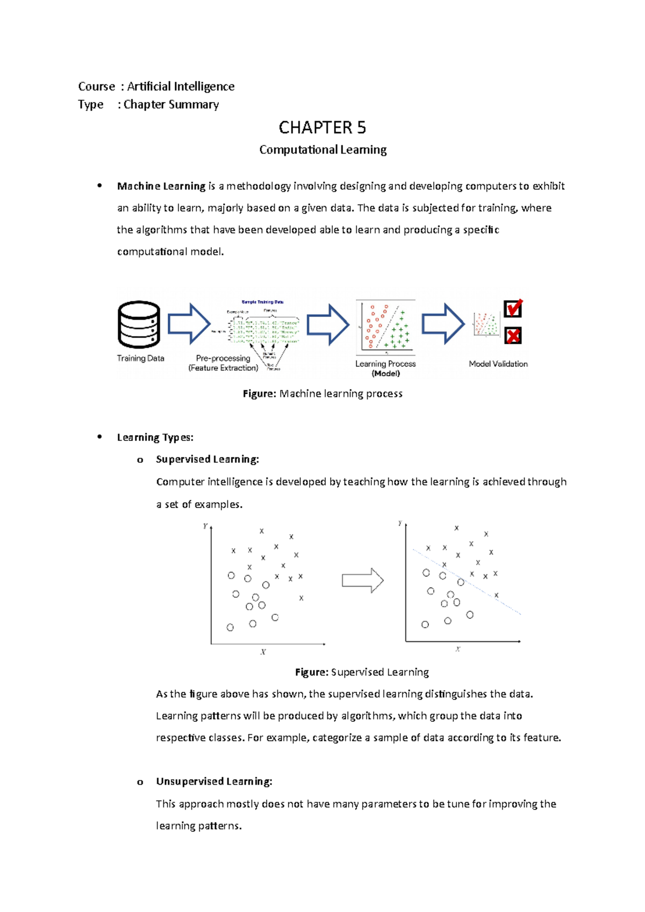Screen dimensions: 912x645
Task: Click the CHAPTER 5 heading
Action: click(322, 128)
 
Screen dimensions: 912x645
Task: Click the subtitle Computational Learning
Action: click(322, 150)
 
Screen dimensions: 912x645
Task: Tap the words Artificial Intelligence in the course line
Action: click(181, 86)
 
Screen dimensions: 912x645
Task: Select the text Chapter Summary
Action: click(171, 104)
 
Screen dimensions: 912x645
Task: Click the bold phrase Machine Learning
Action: click(161, 186)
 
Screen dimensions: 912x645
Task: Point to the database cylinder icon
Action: click(139, 324)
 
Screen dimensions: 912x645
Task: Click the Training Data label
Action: click(140, 358)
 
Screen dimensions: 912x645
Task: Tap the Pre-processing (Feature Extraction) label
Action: click(223, 363)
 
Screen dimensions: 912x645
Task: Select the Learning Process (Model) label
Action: click(385, 368)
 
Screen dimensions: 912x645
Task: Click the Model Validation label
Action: click(498, 364)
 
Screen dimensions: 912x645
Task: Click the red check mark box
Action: click(513, 309)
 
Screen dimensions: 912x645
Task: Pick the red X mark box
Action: click(513, 336)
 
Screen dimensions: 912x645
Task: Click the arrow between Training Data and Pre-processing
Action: click(189, 324)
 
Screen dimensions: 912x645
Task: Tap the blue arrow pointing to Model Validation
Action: click(443, 324)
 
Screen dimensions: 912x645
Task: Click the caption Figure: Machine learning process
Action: click(322, 394)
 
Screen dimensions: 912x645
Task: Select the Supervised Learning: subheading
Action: click(207, 459)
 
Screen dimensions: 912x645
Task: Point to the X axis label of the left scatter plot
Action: click(263, 652)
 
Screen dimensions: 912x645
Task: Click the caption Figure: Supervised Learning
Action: click(362, 672)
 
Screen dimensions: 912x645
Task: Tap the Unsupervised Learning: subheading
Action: click(214, 781)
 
